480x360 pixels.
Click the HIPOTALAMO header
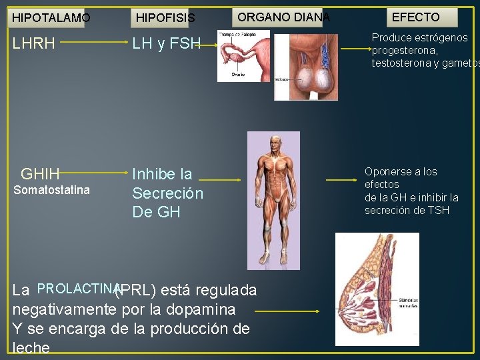(x=51, y=17)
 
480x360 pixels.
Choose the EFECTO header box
(x=415, y=17)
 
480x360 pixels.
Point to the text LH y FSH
(x=166, y=45)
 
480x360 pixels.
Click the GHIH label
(x=41, y=175)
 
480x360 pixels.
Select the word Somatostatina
(x=51, y=191)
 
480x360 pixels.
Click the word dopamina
(x=203, y=310)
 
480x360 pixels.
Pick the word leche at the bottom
(x=31, y=348)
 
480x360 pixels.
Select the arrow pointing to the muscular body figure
(x=220, y=179)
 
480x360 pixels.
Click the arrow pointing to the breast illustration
(x=287, y=311)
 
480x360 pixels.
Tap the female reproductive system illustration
(x=243, y=56)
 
